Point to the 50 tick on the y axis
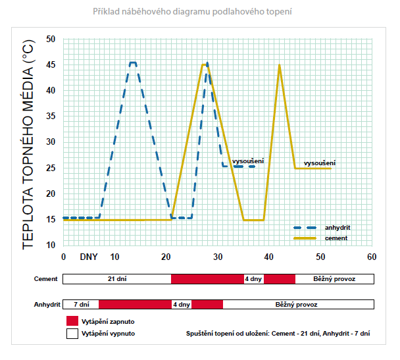pos(51,39)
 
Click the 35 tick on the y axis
pos(51,116)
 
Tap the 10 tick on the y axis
pos(51,245)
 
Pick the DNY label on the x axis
pos(89,256)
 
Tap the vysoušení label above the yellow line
pos(320,163)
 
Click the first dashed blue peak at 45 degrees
pos(132,63)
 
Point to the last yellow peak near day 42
pos(280,65)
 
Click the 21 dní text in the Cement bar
pos(116,279)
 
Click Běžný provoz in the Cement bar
pos(335,279)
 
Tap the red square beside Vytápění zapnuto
pos(72,321)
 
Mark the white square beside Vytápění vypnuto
pos(72,334)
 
